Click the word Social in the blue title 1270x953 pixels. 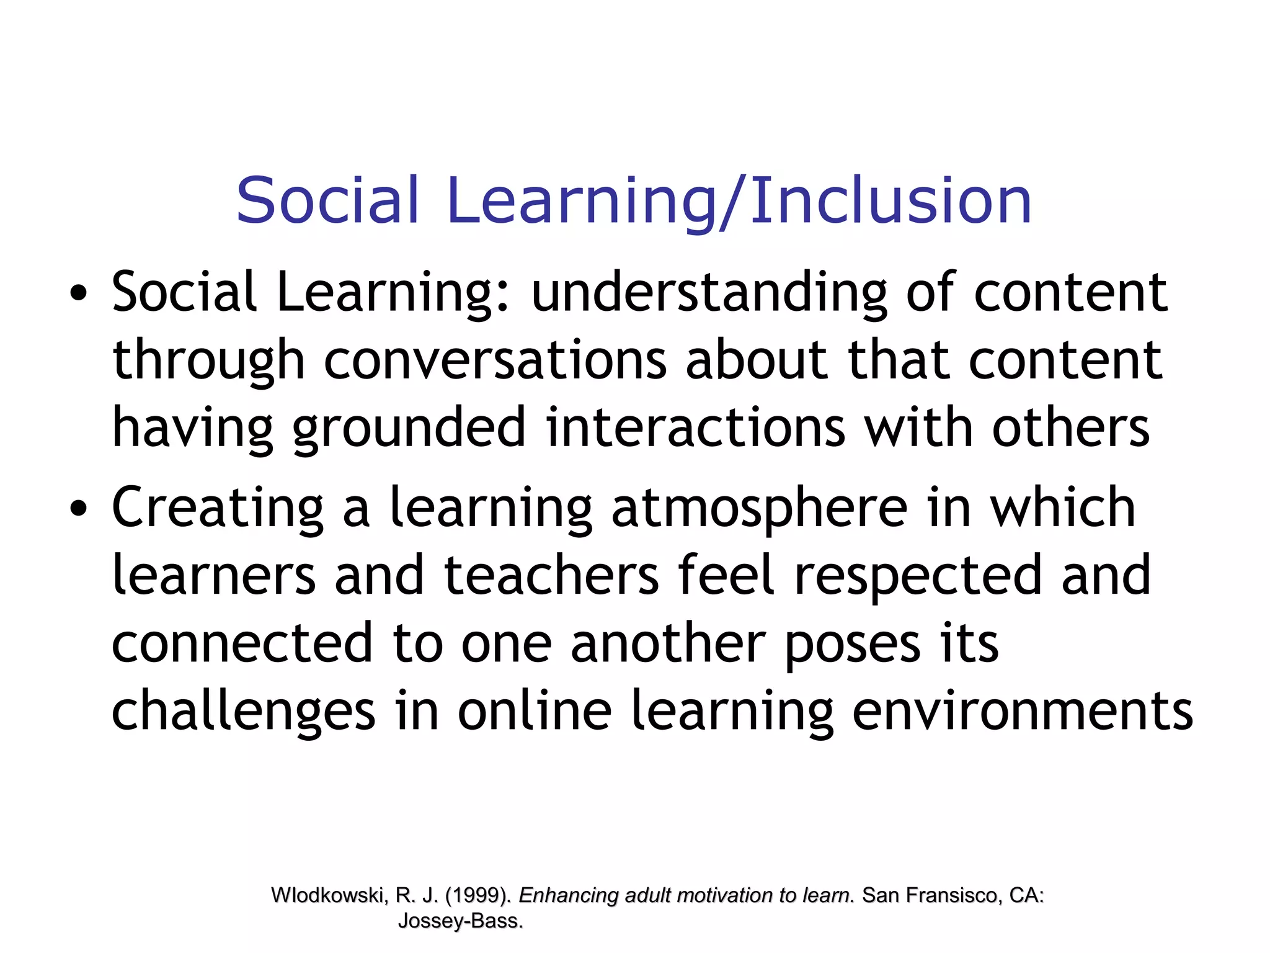[327, 200]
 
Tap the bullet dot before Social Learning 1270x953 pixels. [78, 293]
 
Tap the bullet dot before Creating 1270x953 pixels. [78, 509]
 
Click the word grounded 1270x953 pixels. [409, 428]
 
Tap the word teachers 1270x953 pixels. [551, 576]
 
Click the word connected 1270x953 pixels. [242, 643]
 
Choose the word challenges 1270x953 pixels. [243, 711]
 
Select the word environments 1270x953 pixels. [1023, 711]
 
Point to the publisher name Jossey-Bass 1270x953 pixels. [460, 921]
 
